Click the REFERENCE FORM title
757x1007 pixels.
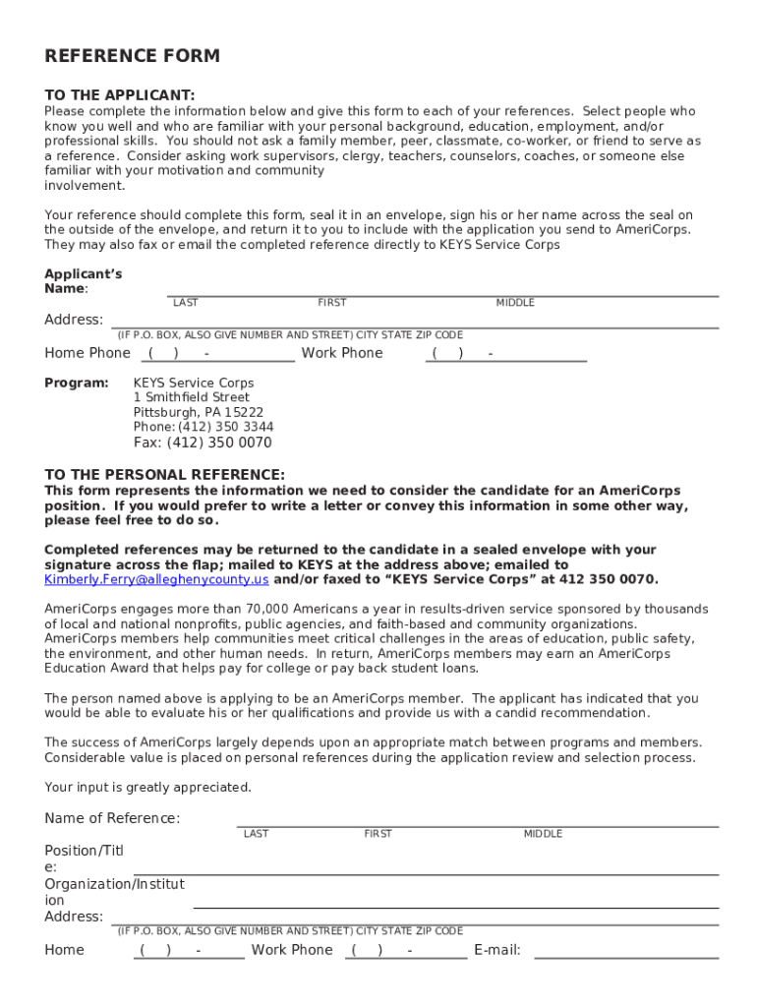pos(132,56)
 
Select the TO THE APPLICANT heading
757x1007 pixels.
pos(119,95)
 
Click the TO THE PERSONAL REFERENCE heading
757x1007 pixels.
pos(164,474)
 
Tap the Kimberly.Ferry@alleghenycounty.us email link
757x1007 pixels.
pos(156,579)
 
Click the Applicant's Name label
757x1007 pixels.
pos(83,281)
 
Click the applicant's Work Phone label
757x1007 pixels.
pos(341,353)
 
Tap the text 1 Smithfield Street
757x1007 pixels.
pos(191,397)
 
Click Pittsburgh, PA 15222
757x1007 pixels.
pos(198,412)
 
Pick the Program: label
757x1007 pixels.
pos(76,383)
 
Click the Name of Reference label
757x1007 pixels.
pos(112,818)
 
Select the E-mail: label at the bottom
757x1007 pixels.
pos(496,950)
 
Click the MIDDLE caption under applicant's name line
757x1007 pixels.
pos(514,303)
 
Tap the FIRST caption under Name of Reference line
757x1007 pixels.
pos(378,834)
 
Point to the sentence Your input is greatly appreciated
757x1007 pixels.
pos(147,787)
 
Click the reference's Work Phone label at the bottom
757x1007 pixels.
pos(292,950)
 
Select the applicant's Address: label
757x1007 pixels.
pos(74,320)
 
